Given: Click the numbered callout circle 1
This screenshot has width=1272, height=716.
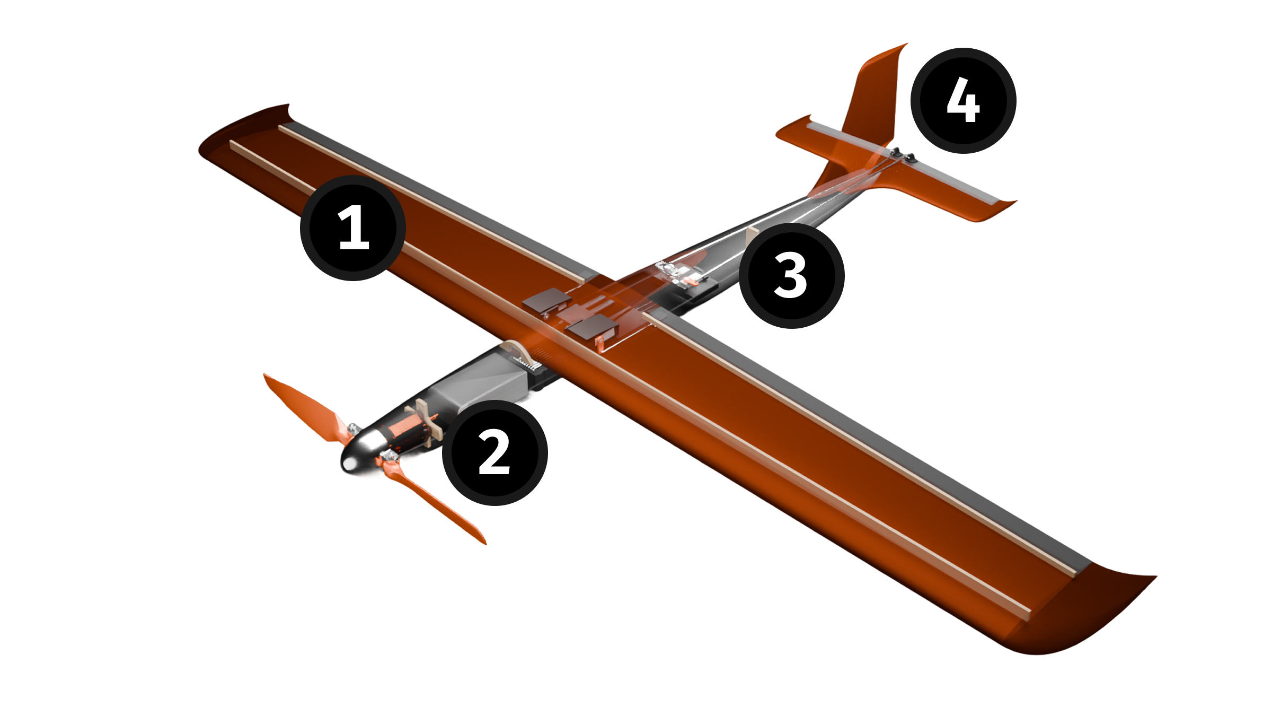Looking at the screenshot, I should (x=353, y=228).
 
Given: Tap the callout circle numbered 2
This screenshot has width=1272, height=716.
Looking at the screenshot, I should (x=494, y=452).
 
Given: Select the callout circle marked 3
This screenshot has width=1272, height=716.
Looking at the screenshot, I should (x=791, y=275).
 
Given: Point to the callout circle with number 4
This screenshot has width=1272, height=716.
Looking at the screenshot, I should (x=963, y=100).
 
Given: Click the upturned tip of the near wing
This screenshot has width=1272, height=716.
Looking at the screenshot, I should (x=1086, y=615).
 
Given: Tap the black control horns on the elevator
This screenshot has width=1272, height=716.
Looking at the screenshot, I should (x=903, y=154).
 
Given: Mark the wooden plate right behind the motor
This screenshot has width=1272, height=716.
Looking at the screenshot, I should (x=427, y=419).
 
